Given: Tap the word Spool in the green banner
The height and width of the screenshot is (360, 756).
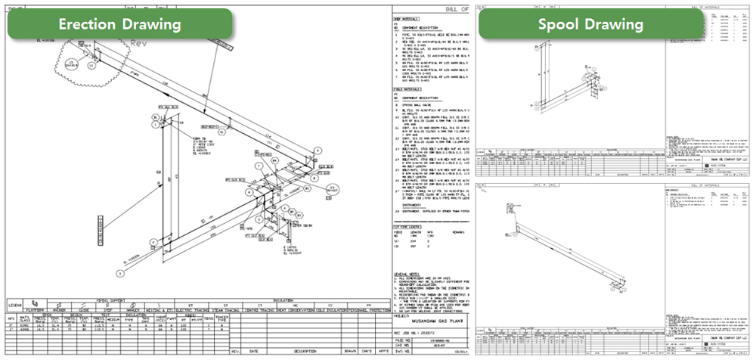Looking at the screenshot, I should pyautogui.click(x=562, y=24).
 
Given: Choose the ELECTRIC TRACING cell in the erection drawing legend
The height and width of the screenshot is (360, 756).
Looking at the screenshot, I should pyautogui.click(x=181, y=310).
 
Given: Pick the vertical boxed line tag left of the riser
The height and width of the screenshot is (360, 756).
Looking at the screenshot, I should pyautogui.click(x=101, y=231).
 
